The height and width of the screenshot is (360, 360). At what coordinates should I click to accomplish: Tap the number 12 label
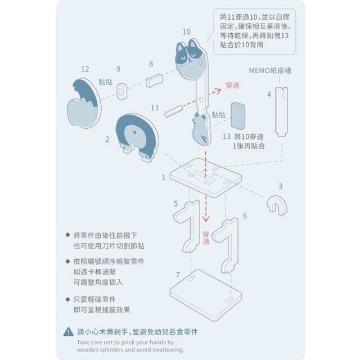(x=85, y=69)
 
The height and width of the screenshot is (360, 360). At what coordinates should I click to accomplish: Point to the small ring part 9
(x=124, y=89)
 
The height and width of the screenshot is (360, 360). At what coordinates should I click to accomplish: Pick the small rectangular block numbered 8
(x=154, y=80)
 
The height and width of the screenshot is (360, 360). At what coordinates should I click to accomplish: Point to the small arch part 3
(x=277, y=204)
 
